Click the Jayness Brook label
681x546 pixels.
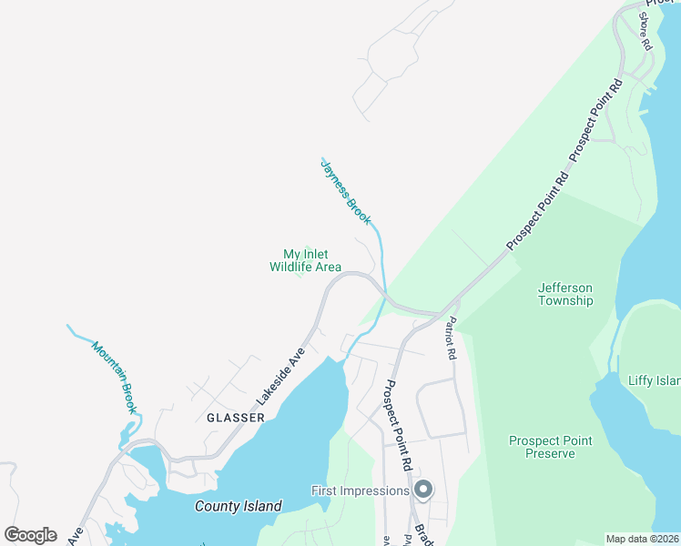click(347, 193)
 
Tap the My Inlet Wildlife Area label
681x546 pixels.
click(305, 261)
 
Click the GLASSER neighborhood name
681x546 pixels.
click(235, 418)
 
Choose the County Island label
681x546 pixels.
click(239, 506)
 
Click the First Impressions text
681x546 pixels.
click(361, 490)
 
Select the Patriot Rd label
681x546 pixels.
click(451, 339)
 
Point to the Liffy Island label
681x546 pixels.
click(654, 380)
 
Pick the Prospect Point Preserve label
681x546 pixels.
click(550, 447)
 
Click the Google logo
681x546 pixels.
click(30, 535)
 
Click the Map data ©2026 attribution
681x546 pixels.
click(642, 539)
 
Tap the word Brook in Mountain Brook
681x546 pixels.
click(127, 394)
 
